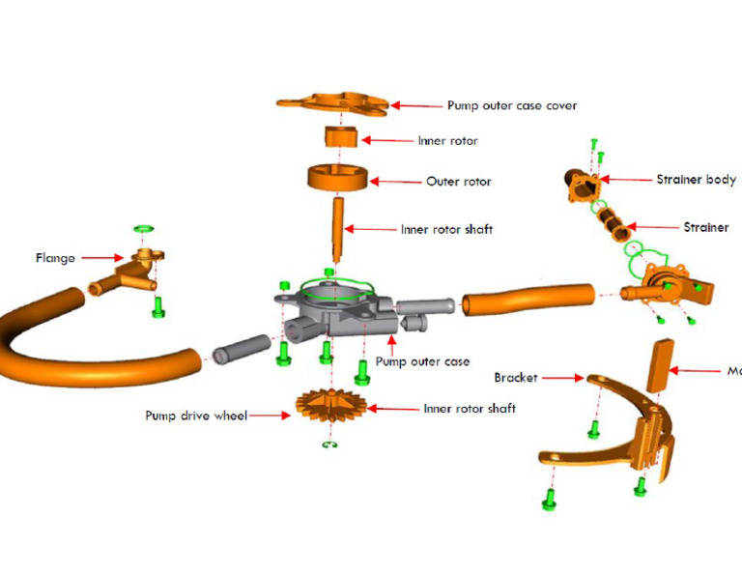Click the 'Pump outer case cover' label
(x=512, y=105)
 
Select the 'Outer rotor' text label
(x=458, y=182)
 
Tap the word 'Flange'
(x=55, y=258)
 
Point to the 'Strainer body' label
(x=696, y=180)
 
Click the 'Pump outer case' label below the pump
(x=422, y=361)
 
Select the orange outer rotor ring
(x=337, y=180)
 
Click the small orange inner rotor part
(x=339, y=138)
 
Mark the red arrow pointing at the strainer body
(x=625, y=180)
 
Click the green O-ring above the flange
(x=144, y=228)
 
